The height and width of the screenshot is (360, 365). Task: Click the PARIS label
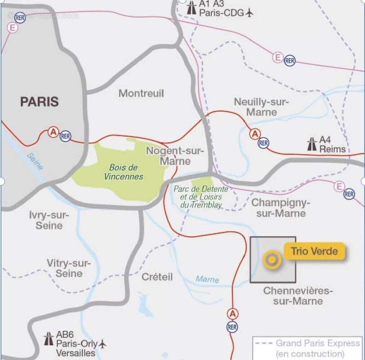[39, 102]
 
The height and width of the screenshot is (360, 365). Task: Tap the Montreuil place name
[141, 94]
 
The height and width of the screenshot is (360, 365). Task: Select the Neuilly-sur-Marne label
[261, 107]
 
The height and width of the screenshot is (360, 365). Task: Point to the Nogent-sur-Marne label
[175, 156]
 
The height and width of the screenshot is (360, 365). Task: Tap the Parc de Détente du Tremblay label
[201, 197]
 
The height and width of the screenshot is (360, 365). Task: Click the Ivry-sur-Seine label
[49, 220]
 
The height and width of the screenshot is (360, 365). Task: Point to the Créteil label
[157, 277]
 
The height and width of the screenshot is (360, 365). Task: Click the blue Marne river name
[207, 279]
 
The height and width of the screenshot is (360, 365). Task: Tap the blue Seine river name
[35, 162]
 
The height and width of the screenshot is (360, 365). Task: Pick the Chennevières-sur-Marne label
[298, 296]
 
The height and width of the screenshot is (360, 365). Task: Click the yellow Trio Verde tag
[314, 251]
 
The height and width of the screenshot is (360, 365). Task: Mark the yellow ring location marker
[272, 260]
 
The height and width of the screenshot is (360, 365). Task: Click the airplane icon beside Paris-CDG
[250, 13]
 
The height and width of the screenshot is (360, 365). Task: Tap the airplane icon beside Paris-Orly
[102, 344]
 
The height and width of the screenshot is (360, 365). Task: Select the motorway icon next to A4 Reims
[312, 144]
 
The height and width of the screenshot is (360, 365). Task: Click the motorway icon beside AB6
[49, 339]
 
